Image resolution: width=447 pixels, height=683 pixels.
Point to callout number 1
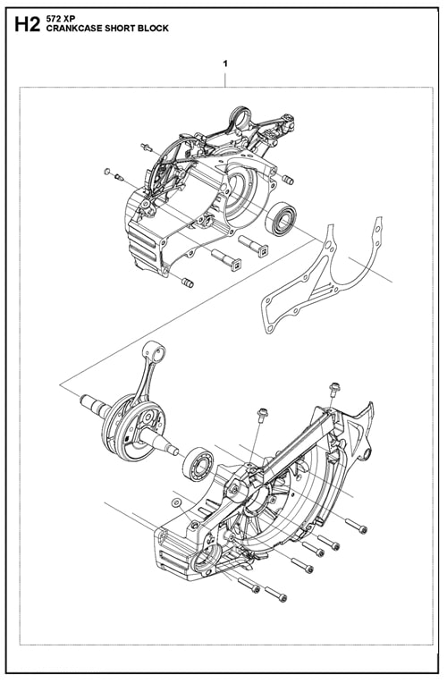click(225, 64)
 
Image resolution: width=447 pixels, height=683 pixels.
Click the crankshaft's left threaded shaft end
click(90, 403)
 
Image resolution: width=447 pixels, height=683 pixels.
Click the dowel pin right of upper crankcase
click(287, 179)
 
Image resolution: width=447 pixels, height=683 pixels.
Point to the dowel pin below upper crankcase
click(187, 282)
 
